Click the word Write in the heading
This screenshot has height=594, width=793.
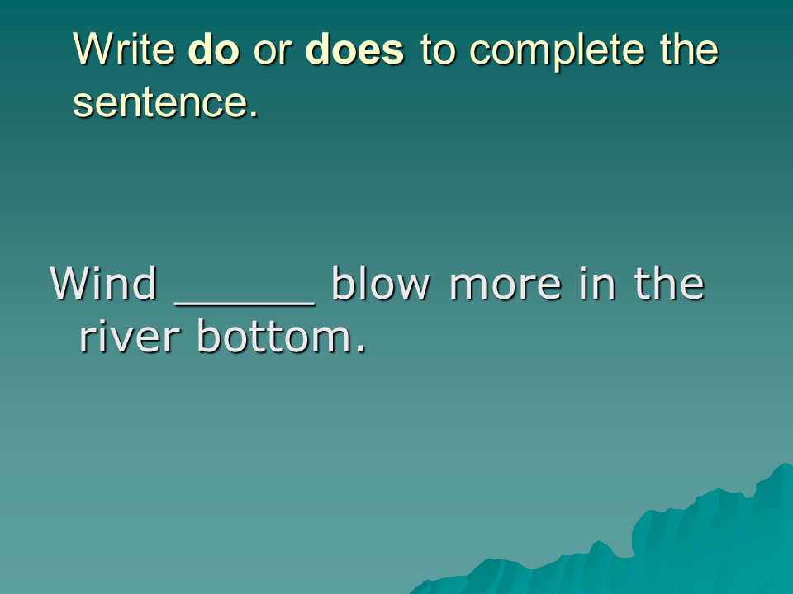[x=124, y=49]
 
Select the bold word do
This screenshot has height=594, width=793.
[x=213, y=49]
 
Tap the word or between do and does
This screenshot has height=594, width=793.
[x=272, y=53]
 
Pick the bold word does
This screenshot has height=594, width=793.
[x=354, y=49]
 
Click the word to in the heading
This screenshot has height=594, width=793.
[x=438, y=50]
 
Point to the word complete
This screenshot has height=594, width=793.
[x=557, y=52]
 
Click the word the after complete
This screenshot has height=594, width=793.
[x=689, y=49]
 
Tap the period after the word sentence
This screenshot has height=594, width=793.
[x=254, y=114]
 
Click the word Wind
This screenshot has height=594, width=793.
[x=103, y=283]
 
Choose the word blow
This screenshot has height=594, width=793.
[x=380, y=283]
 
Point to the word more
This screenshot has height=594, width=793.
[x=506, y=287]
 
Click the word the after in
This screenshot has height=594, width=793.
[x=669, y=283]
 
